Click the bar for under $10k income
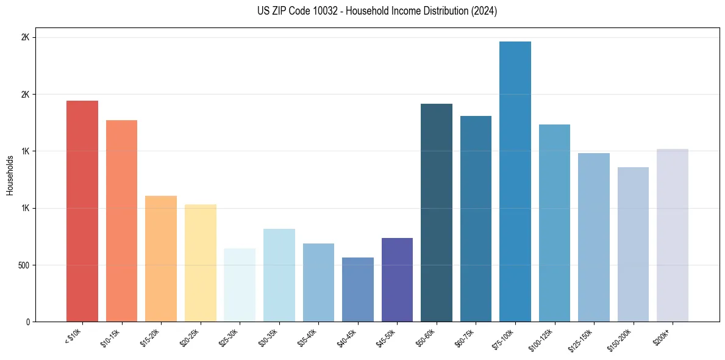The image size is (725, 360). click(x=82, y=211)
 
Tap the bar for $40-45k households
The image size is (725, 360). click(x=358, y=289)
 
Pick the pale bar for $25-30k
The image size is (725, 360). click(x=240, y=285)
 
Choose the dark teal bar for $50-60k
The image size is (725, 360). click(x=437, y=213)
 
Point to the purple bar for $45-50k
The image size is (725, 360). click(x=397, y=279)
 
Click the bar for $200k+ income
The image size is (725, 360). click(x=673, y=235)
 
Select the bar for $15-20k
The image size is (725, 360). click(x=161, y=259)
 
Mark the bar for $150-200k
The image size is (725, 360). click(x=633, y=244)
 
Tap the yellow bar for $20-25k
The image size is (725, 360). click(x=201, y=263)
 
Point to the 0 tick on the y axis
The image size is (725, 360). click(x=27, y=322)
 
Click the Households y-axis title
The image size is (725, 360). click(x=10, y=175)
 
